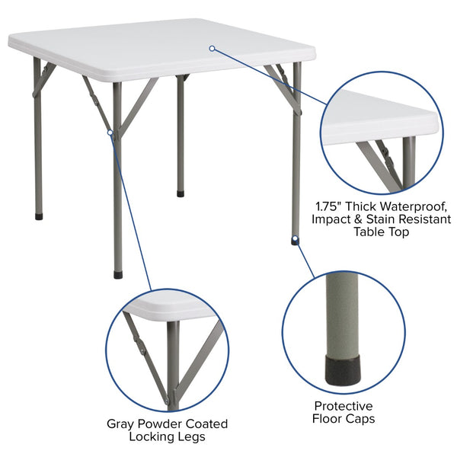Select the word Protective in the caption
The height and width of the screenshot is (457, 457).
click(344, 406)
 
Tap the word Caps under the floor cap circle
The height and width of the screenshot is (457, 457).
click(361, 419)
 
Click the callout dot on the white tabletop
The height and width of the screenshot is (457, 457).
click(212, 48)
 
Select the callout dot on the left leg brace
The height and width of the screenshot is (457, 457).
click(110, 133)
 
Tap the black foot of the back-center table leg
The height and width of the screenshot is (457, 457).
click(181, 193)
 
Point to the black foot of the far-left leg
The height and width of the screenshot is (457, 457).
click(39, 217)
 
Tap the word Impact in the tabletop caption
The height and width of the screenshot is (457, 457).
click(331, 219)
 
